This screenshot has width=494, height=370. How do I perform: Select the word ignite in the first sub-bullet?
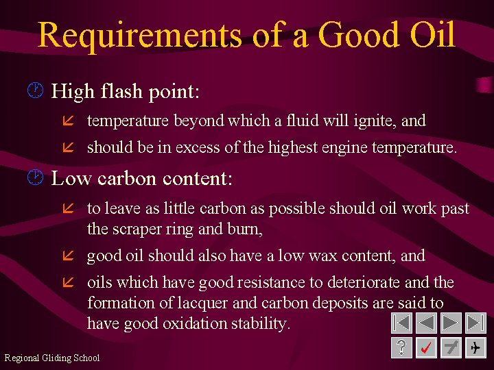point(373,121)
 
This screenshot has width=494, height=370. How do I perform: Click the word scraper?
point(138,228)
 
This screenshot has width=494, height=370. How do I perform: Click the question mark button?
point(401,348)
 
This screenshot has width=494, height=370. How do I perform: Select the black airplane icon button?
point(475,348)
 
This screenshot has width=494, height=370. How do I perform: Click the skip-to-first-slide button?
point(401,323)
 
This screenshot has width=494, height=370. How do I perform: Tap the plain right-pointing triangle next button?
point(451,323)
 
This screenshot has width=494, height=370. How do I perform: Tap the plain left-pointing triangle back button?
point(426,323)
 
